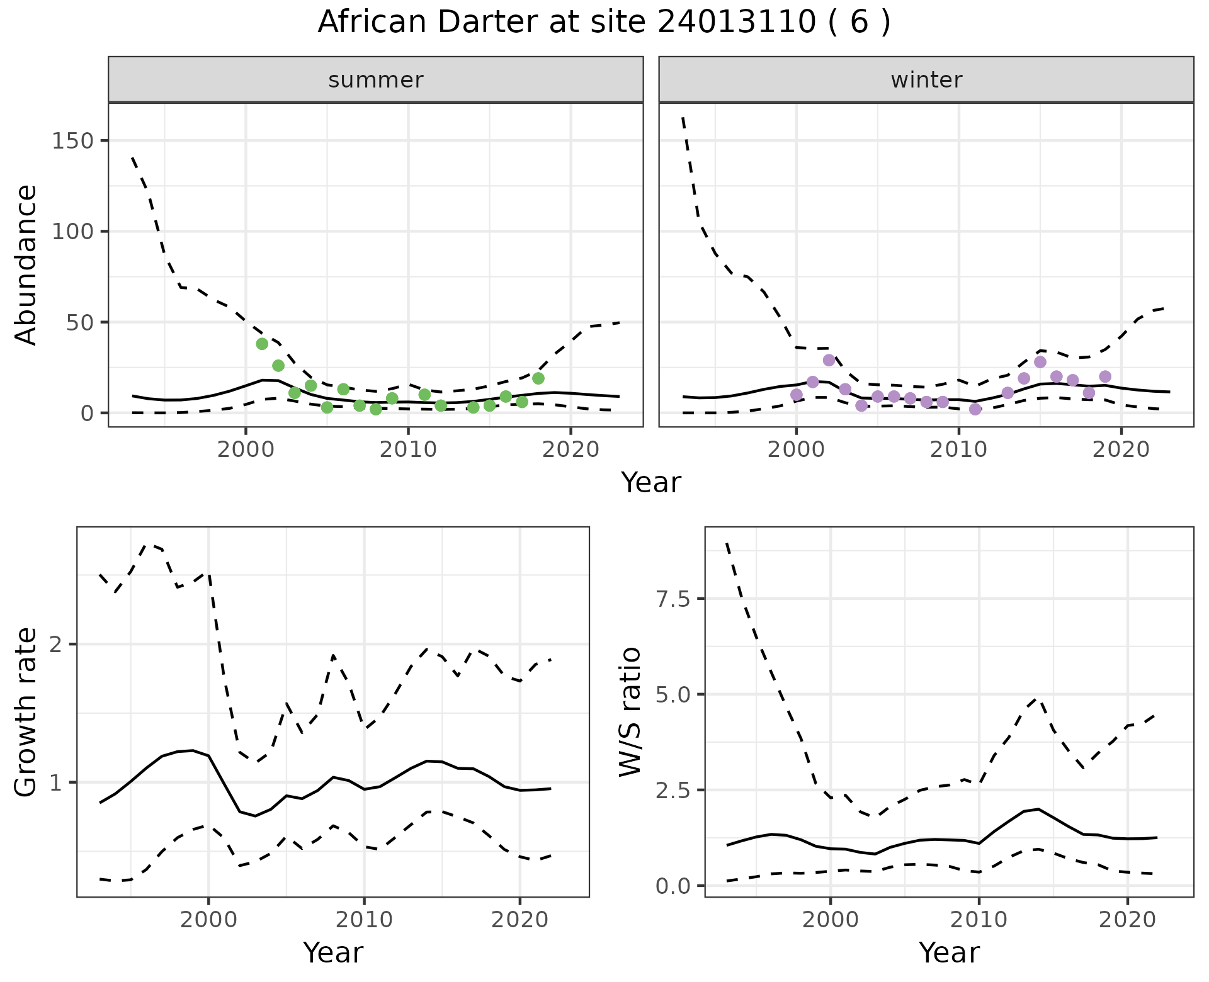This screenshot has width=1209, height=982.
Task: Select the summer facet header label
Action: coord(376,80)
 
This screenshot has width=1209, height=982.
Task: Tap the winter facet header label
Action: coord(926,80)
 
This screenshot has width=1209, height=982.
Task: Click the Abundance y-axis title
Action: coord(26,264)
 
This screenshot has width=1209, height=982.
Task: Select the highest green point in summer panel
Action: coord(262,344)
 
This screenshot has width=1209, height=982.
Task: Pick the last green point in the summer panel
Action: coord(538,378)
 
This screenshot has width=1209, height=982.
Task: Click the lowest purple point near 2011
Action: coord(975,409)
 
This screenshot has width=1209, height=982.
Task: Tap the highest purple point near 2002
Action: coord(829,360)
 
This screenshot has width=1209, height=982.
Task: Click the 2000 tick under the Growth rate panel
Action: coord(208,920)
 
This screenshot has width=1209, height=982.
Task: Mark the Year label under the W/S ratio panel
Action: coord(949,952)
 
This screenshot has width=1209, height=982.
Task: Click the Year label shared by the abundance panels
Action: coord(651,483)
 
